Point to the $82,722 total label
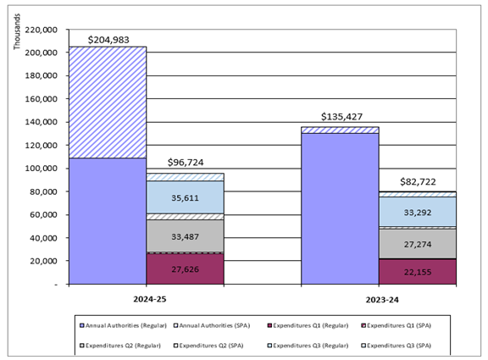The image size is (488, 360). pos(419,182)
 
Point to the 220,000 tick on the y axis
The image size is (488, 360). pos(42,30)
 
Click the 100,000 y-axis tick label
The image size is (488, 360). pos(42,169)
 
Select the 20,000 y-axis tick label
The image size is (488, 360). pos(44,261)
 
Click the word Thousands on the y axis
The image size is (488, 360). pos(17,30)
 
